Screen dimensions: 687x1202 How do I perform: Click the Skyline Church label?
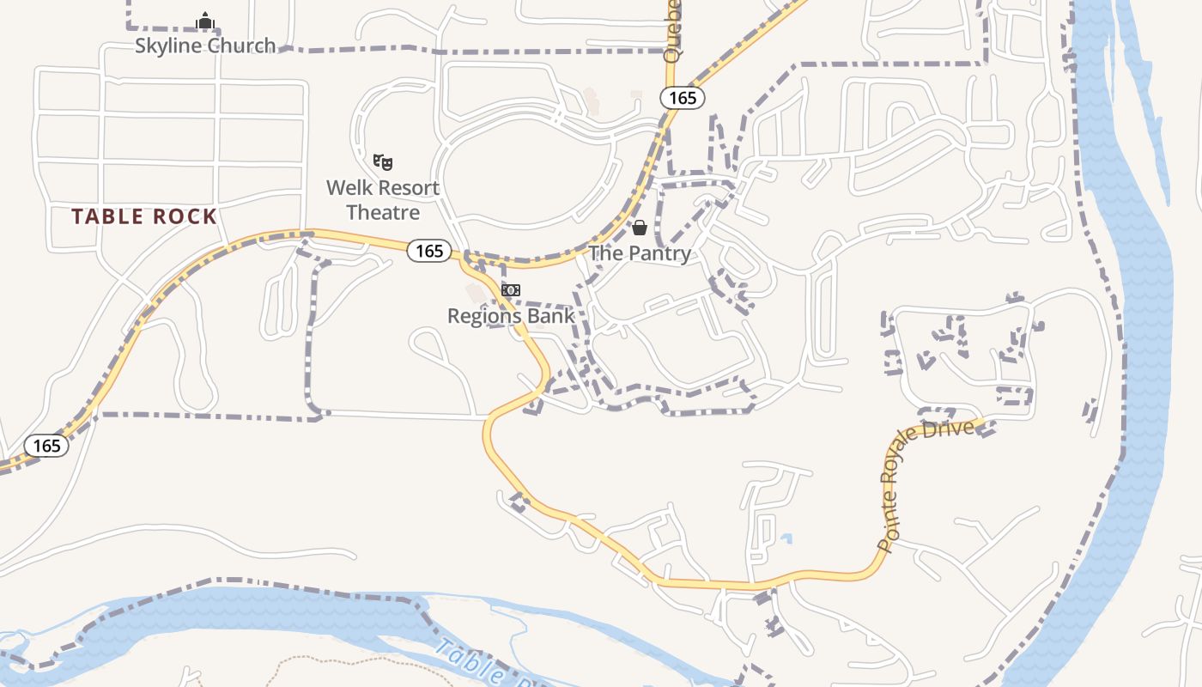(x=205, y=46)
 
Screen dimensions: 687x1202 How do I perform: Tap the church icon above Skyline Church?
(x=204, y=20)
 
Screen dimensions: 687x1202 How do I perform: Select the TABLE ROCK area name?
(x=144, y=216)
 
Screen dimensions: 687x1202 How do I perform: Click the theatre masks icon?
(x=383, y=161)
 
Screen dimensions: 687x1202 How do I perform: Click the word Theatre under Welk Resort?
(x=383, y=212)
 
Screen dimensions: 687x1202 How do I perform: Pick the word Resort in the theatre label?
(x=409, y=188)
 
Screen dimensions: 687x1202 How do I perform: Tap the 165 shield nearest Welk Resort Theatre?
(x=428, y=251)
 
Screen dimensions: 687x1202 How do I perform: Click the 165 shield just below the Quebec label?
(x=683, y=98)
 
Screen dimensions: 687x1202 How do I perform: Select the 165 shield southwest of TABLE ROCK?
(x=46, y=446)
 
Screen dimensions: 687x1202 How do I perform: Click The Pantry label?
(x=640, y=253)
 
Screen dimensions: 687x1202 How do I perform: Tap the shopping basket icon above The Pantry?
(x=640, y=228)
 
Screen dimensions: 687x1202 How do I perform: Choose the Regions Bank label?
(x=511, y=316)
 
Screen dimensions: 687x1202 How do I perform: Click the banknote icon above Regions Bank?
(x=511, y=290)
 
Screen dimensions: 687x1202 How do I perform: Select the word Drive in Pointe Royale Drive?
(x=958, y=430)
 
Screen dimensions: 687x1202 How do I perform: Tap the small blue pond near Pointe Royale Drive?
(x=786, y=539)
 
